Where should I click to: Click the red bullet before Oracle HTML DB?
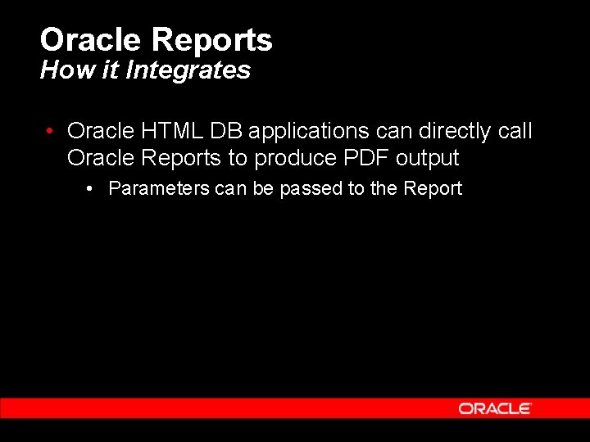click(51, 132)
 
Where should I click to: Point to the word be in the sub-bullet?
click(262, 188)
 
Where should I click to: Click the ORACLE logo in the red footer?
click(495, 408)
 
